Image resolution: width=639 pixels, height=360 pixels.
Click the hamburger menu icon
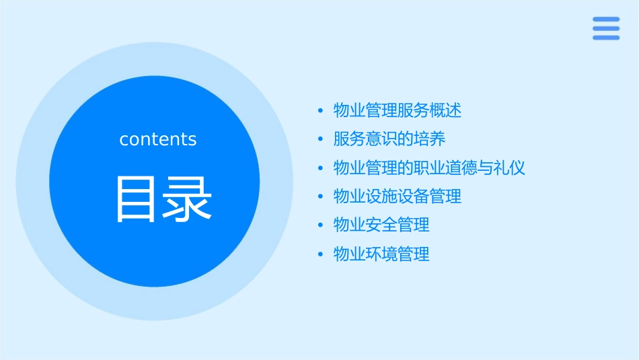pyautogui.click(x=605, y=28)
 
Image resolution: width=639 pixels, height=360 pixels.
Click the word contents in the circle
pyautogui.click(x=158, y=139)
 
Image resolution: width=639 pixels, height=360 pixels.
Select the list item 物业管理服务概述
pyautogui.click(x=398, y=110)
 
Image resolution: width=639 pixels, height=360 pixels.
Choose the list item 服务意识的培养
pyautogui.click(x=389, y=139)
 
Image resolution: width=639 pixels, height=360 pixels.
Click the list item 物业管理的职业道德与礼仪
pyautogui.click(x=429, y=168)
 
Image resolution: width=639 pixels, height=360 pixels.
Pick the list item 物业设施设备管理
pyautogui.click(x=398, y=196)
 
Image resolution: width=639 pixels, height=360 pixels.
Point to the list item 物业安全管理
pyautogui.click(x=381, y=225)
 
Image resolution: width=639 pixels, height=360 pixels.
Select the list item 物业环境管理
pyautogui.click(x=381, y=254)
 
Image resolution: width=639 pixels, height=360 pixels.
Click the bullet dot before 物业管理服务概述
pyautogui.click(x=321, y=110)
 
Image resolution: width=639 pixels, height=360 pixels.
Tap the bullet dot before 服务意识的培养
pyautogui.click(x=321, y=139)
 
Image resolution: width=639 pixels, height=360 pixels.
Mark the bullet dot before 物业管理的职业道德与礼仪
pyautogui.click(x=321, y=168)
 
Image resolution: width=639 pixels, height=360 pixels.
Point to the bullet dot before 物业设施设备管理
pyautogui.click(x=321, y=196)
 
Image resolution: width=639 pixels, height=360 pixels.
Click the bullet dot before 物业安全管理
pyautogui.click(x=321, y=225)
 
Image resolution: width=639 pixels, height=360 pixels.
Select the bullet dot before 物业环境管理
pyautogui.click(x=321, y=254)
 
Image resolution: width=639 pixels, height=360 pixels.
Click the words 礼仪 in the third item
pyautogui.click(x=509, y=168)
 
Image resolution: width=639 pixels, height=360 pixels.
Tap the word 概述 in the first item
pyautogui.click(x=445, y=110)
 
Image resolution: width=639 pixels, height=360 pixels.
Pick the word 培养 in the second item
pyautogui.click(x=429, y=139)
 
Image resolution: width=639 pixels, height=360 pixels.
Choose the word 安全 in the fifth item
pyautogui.click(x=381, y=225)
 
